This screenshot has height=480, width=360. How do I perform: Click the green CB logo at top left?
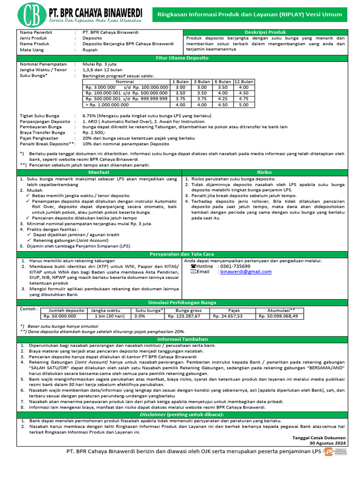(x=31, y=15)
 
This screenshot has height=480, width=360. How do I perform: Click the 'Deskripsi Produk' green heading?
(x=265, y=32)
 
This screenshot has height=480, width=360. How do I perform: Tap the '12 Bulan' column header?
(x=244, y=82)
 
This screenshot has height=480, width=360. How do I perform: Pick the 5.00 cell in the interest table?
(x=244, y=105)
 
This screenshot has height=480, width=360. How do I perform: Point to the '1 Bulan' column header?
(x=180, y=82)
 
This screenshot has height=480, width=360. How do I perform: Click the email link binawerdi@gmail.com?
(x=246, y=272)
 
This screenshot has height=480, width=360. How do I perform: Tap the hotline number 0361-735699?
(x=235, y=266)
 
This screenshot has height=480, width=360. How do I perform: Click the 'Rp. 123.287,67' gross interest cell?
(x=188, y=316)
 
